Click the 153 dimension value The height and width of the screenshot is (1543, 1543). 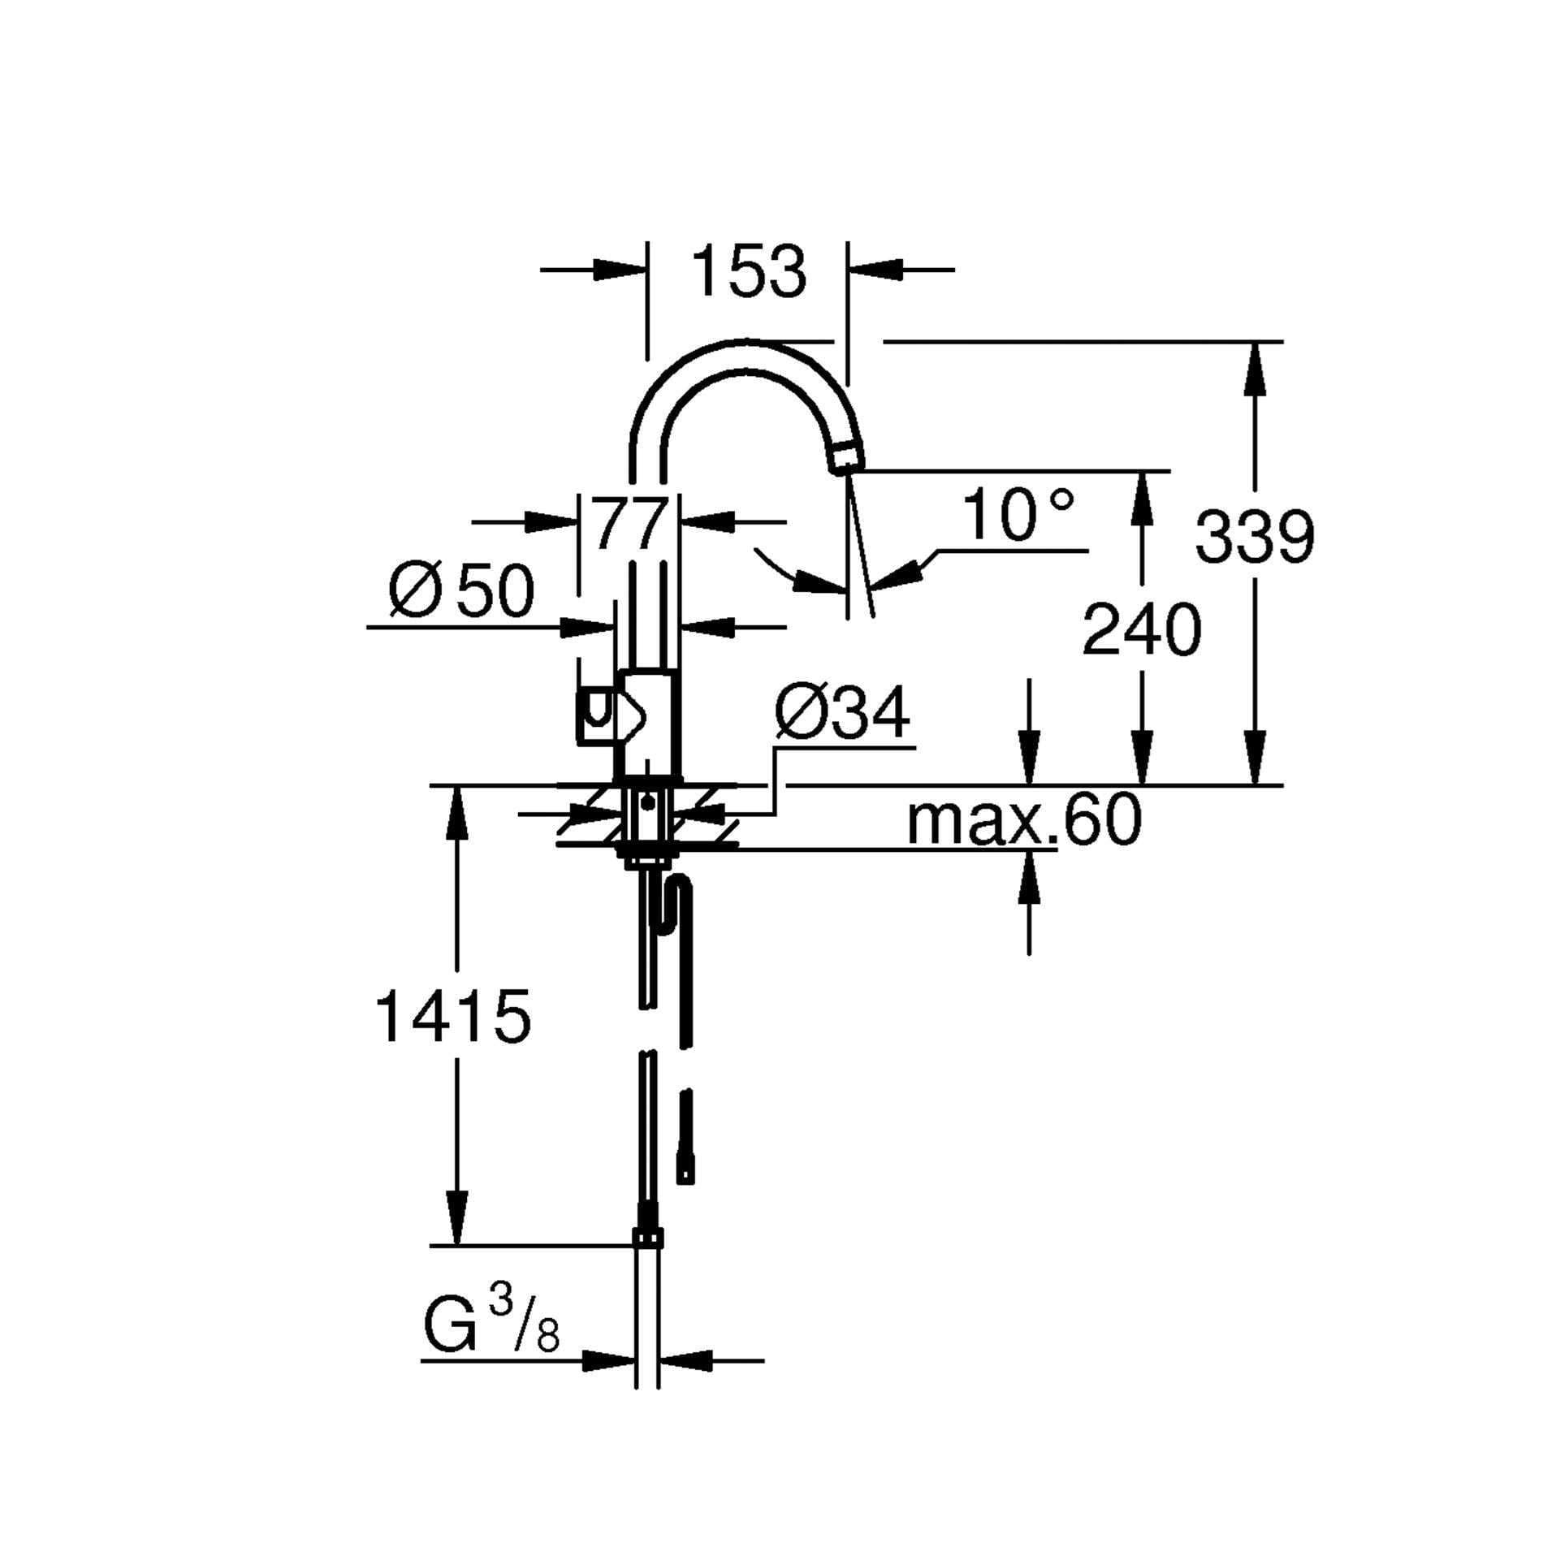pos(749,271)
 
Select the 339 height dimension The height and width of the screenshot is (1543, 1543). pos(1254,536)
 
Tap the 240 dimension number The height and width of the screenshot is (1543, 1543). pos(1141,630)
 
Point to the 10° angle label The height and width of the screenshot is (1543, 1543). pos(1018,516)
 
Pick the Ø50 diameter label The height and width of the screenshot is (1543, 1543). pos(462,590)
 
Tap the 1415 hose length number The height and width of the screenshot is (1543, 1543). pos(452,1017)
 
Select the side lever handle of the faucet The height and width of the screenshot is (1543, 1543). pos(599,715)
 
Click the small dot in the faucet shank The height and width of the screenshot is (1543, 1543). pos(647,804)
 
